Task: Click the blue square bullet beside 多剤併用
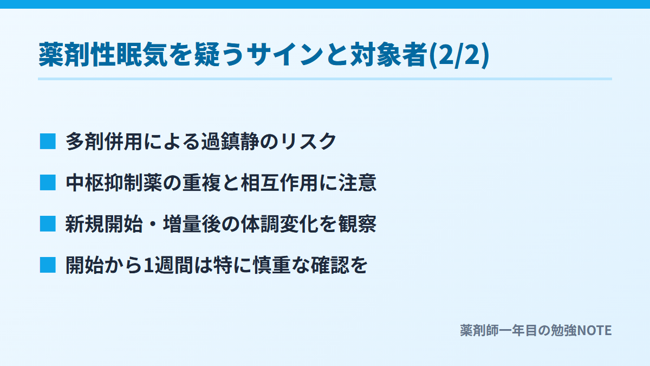point(48,142)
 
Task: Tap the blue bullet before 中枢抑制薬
point(48,183)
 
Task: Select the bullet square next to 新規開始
point(48,223)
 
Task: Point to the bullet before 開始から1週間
point(48,265)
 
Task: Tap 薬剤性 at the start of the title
point(77,55)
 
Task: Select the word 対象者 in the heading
point(389,55)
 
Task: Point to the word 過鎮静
point(230,142)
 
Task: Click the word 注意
point(357,183)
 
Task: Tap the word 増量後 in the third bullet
point(192,224)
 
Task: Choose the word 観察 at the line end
point(357,224)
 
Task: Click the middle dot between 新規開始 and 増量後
point(153,224)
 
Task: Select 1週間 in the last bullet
point(168,265)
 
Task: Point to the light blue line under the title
point(325,79)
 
